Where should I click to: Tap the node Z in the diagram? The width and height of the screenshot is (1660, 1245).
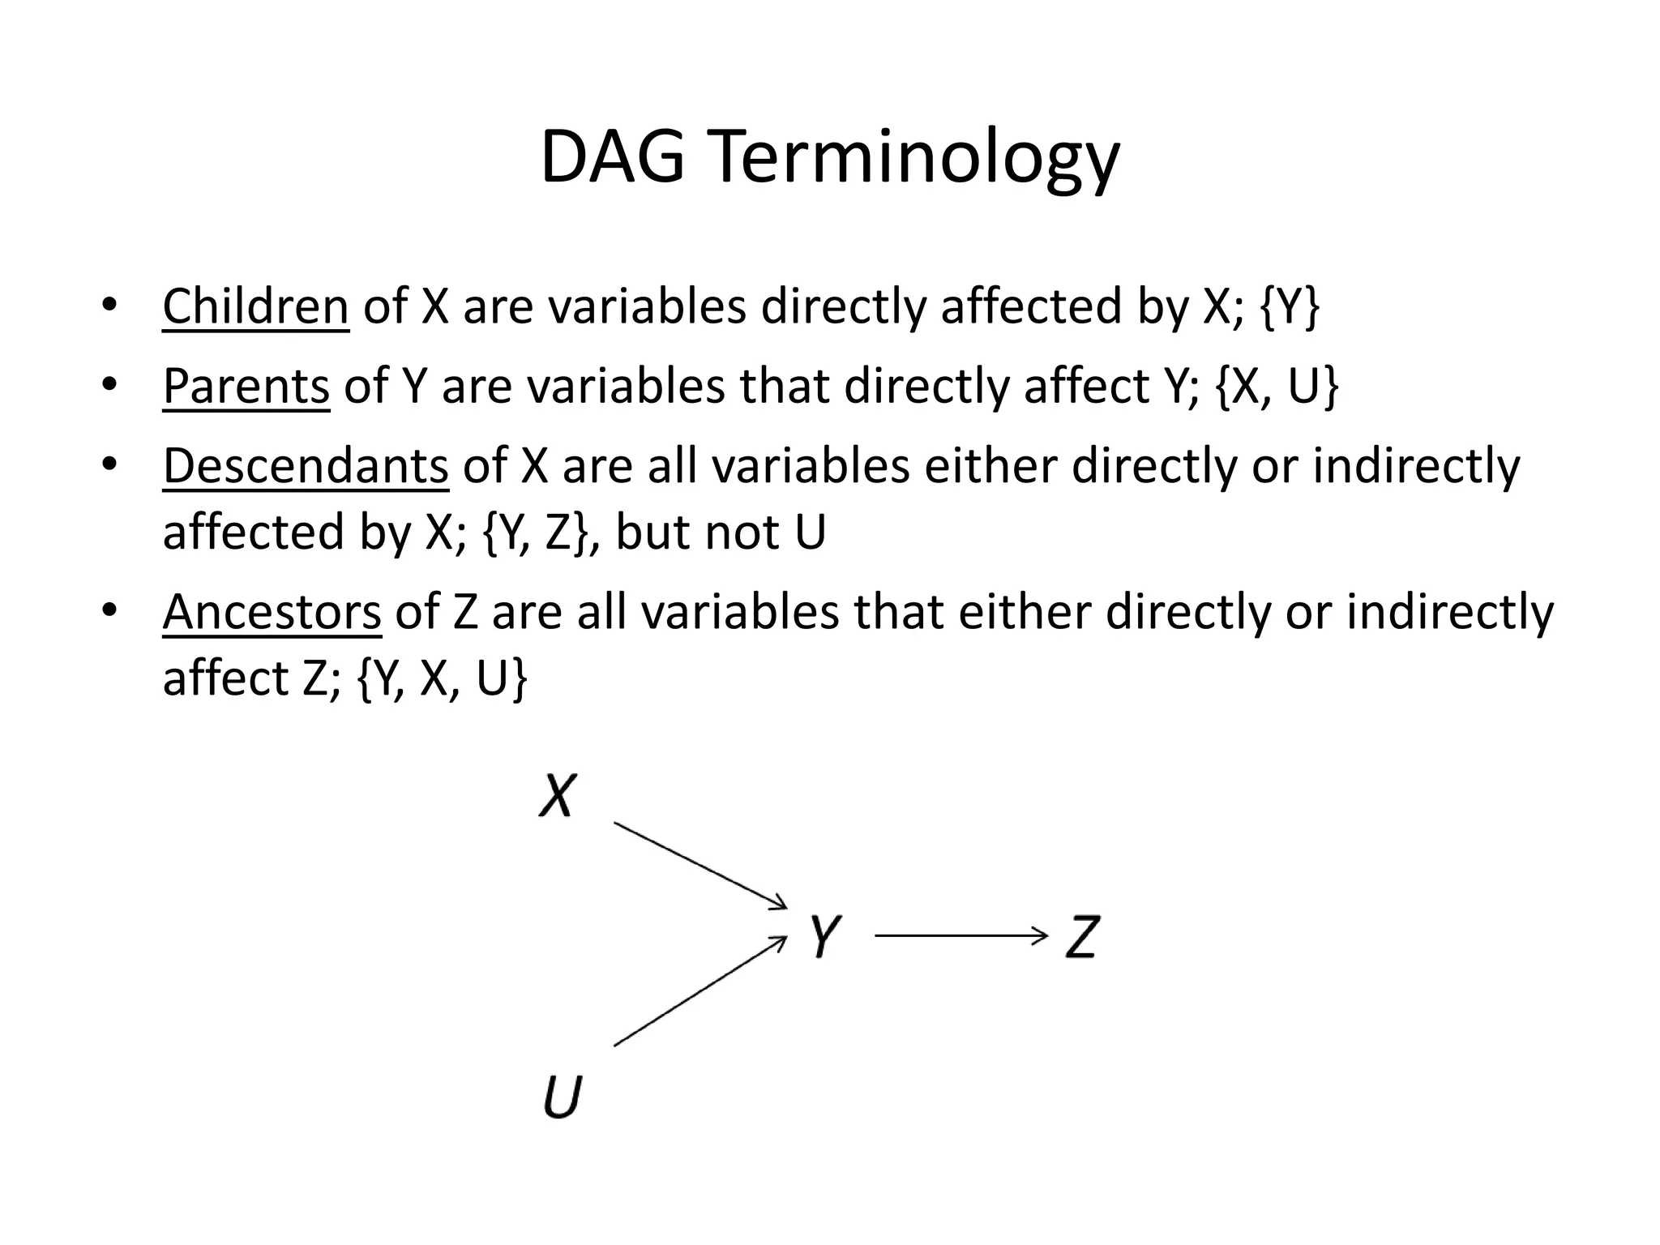1082,937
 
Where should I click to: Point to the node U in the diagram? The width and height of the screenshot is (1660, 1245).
562,1095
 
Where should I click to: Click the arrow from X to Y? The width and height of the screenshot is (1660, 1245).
700,865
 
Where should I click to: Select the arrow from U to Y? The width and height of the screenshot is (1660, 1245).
700,991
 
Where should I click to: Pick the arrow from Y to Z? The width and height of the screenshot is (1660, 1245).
961,937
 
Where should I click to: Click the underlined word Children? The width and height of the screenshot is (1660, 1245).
255,306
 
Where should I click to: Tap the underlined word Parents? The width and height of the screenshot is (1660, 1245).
246,386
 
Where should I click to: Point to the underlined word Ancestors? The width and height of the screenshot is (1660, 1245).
272,612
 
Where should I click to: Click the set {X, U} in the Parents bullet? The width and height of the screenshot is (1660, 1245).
1277,386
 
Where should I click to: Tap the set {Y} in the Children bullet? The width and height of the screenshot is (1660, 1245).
1291,306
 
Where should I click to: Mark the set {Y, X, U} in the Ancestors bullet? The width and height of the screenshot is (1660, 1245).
443,678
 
